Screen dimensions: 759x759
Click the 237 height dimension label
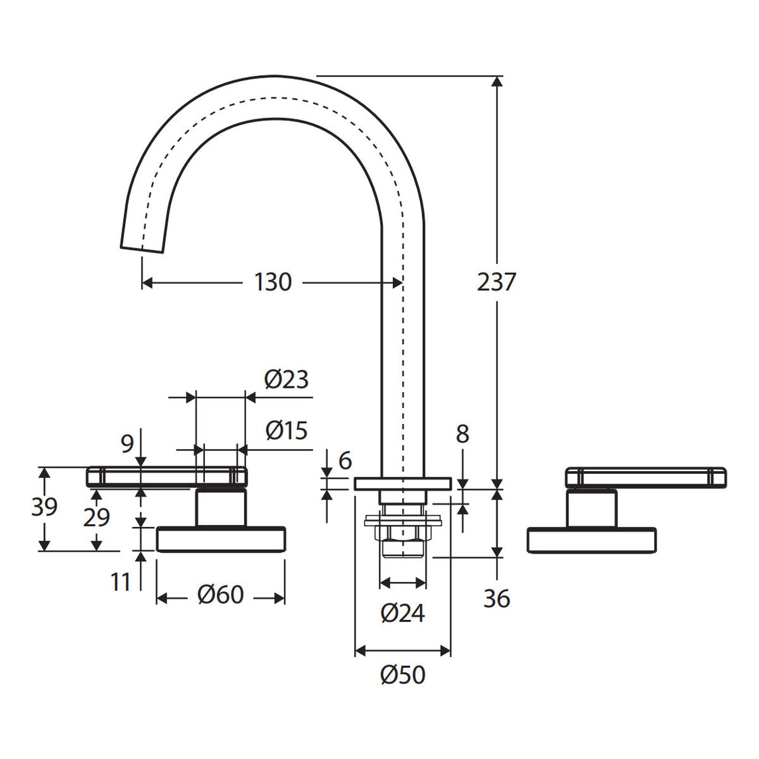click(x=497, y=282)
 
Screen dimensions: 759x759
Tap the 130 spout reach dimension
click(x=273, y=282)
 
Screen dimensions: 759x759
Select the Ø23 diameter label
click(x=287, y=379)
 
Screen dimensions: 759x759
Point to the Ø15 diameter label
click(x=287, y=430)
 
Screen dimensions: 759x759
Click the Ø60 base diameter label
click(x=221, y=595)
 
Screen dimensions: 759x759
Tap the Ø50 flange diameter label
click(x=402, y=675)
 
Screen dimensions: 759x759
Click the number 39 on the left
click(x=44, y=507)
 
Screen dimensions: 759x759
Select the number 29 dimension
click(x=97, y=517)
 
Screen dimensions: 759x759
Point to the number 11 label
click(x=120, y=582)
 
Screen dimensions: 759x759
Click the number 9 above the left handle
click(x=127, y=444)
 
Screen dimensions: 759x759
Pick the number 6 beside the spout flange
click(x=345, y=461)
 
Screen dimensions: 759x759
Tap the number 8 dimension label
click(x=462, y=434)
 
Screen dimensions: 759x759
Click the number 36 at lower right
click(x=497, y=599)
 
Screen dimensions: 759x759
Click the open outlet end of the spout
click(x=142, y=250)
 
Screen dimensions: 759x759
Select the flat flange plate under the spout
click(x=402, y=484)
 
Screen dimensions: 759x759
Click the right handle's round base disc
click(x=591, y=540)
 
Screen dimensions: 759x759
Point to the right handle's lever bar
click(x=646, y=478)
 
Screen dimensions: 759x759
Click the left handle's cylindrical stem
click(x=221, y=507)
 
